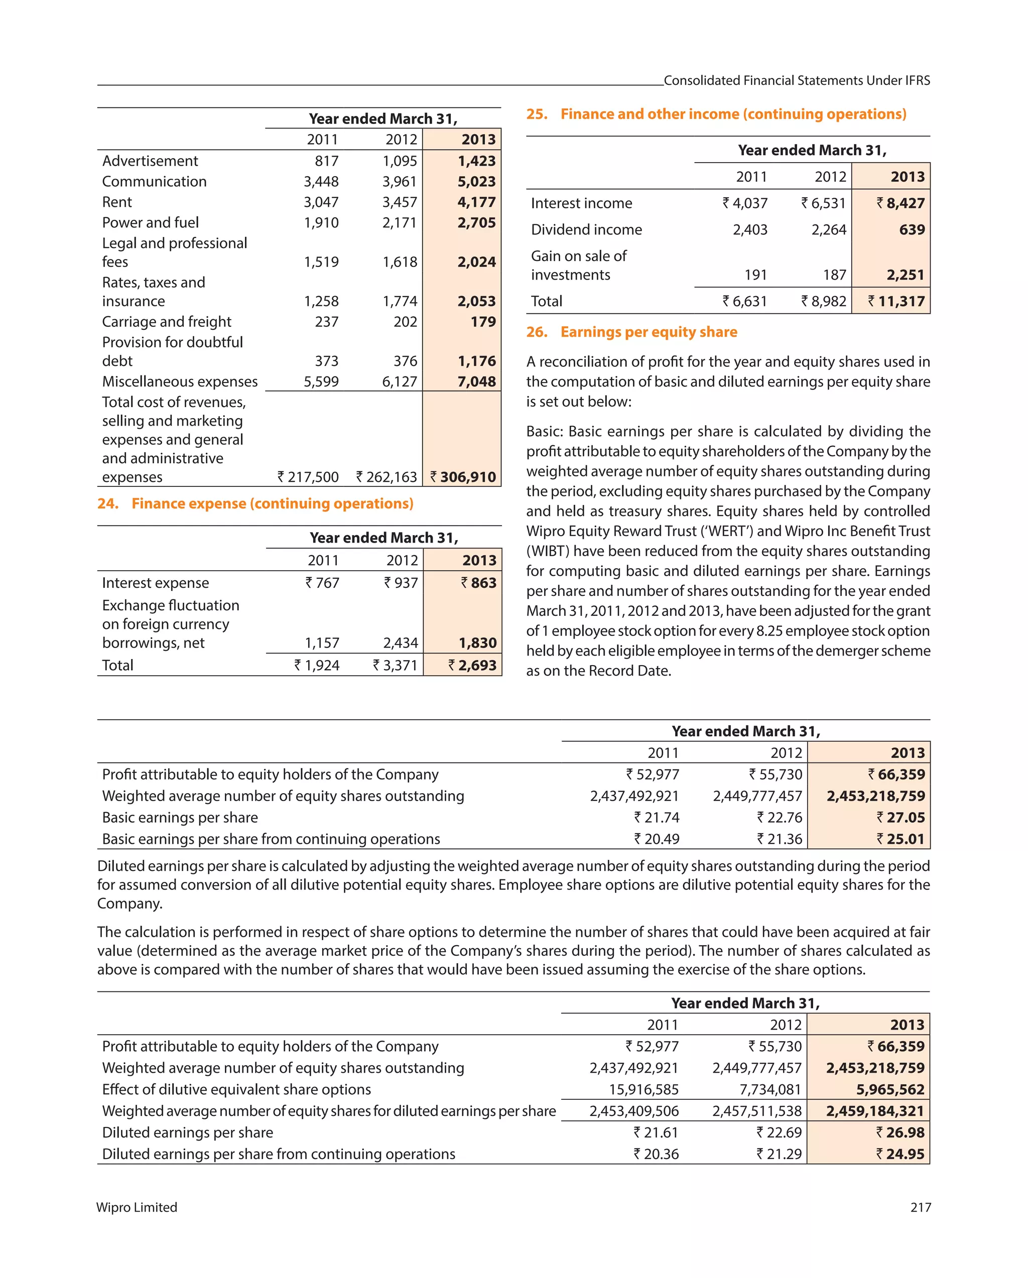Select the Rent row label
(x=117, y=202)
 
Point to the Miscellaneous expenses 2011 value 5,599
(x=321, y=381)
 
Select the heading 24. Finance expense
(x=255, y=504)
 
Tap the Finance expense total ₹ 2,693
(x=472, y=666)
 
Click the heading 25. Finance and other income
(x=716, y=114)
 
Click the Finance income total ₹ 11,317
(x=896, y=302)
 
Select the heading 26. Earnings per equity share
(x=631, y=332)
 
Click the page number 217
(x=920, y=1207)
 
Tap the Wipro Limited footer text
(x=137, y=1207)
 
